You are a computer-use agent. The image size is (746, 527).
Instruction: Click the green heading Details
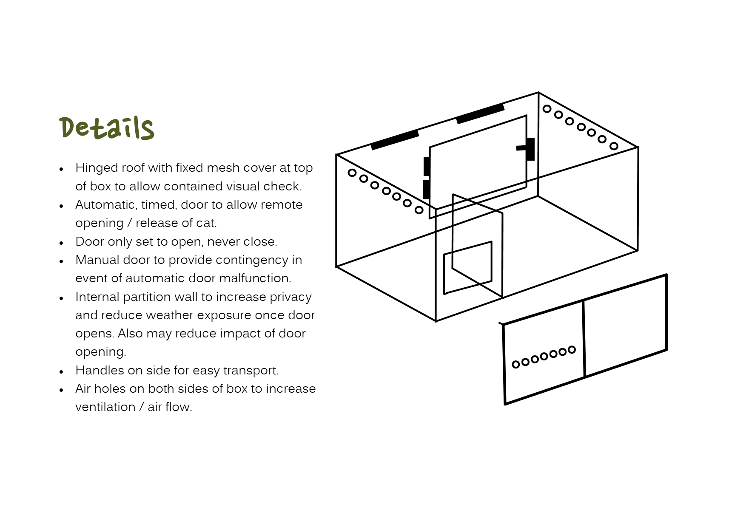(x=107, y=127)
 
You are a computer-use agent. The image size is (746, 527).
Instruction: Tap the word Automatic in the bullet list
(x=105, y=205)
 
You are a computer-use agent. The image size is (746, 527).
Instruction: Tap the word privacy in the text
(x=291, y=297)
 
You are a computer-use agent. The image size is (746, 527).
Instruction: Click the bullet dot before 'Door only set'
(x=62, y=243)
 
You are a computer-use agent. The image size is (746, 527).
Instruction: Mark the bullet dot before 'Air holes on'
(x=62, y=390)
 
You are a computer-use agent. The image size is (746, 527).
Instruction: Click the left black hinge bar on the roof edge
(x=395, y=140)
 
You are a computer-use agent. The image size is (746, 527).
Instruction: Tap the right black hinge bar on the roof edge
(x=480, y=114)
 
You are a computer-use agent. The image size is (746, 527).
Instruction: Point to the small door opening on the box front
(x=468, y=268)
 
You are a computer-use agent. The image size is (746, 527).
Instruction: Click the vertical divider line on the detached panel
(x=584, y=338)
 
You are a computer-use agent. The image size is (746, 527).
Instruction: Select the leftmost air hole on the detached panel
(x=516, y=364)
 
